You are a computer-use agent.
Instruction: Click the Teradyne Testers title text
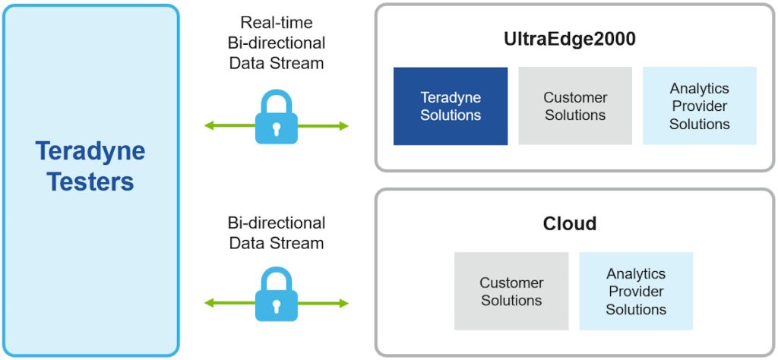point(90,166)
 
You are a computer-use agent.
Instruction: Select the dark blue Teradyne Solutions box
point(451,106)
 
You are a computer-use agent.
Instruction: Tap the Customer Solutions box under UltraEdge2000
point(575,106)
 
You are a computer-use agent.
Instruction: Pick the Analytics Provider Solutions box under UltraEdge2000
point(700,106)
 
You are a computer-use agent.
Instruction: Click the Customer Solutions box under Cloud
point(511,292)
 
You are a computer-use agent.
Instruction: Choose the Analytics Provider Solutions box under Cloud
point(636,292)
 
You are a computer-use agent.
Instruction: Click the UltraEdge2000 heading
point(570,39)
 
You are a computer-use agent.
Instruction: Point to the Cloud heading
point(570,223)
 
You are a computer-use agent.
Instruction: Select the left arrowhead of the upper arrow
point(209,126)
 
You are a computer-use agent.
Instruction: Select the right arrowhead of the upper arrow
point(344,126)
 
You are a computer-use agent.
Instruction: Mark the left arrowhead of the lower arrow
point(209,304)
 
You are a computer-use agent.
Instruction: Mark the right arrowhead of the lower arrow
point(344,304)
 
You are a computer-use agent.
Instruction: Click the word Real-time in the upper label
point(277,22)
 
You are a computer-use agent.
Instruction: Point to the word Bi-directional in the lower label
point(277,223)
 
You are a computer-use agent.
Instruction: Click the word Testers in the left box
point(90,182)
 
